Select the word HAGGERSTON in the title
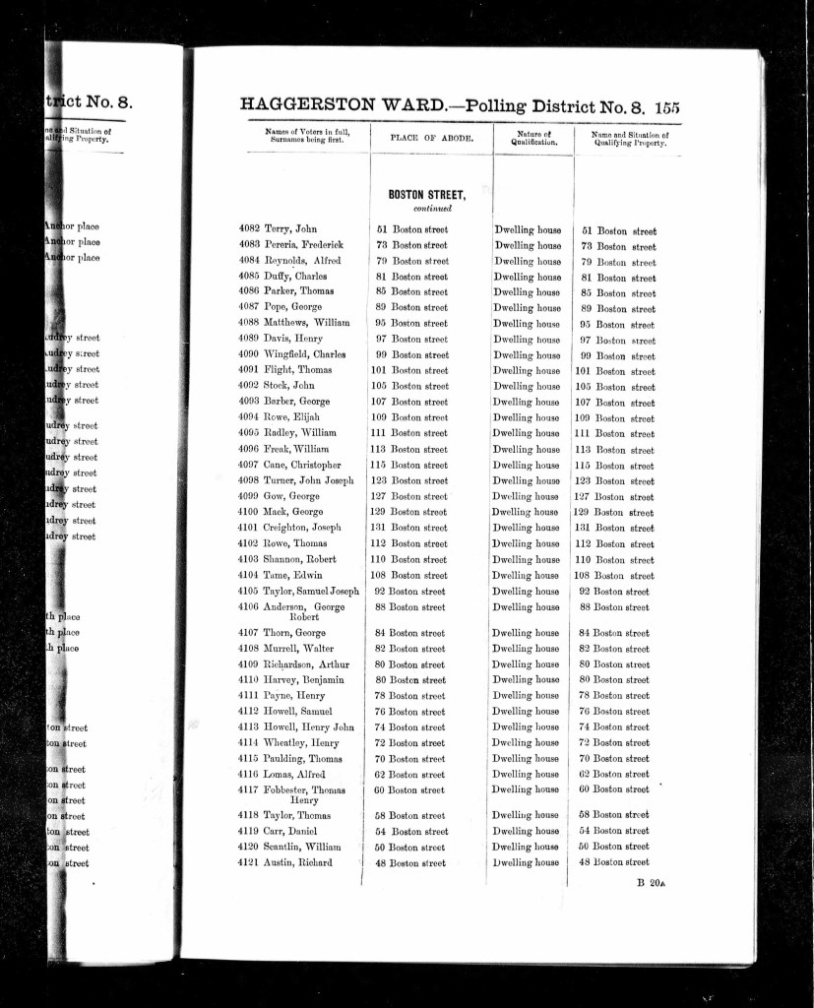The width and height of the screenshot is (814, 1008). click(x=304, y=107)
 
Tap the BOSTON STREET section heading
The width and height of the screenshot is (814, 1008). click(x=426, y=195)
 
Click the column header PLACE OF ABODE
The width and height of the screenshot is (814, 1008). click(x=431, y=139)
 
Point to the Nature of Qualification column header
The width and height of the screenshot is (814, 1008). click(x=532, y=139)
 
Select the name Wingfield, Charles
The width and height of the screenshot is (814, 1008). click(x=304, y=355)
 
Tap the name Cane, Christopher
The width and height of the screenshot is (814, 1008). click(x=302, y=466)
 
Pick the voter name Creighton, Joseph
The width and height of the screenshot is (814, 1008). click(x=302, y=529)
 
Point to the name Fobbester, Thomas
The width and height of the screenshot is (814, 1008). click(x=303, y=790)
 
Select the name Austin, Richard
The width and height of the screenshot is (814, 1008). click(x=297, y=863)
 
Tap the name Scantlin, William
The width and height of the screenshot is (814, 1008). click(x=301, y=848)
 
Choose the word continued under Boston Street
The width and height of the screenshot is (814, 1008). click(x=432, y=209)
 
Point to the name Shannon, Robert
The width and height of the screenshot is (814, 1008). click(x=299, y=560)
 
